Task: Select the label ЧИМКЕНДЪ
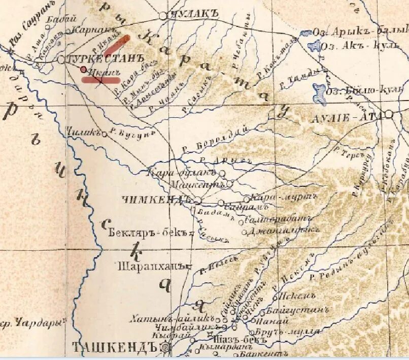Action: pyautogui.click(x=156, y=200)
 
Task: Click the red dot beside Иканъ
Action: pyautogui.click(x=84, y=69)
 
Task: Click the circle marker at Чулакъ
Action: pyautogui.click(x=163, y=16)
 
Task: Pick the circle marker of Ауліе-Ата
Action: pyautogui.click(x=389, y=115)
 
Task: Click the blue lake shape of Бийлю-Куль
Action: pyautogui.click(x=319, y=92)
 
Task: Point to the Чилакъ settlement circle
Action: pyautogui.click(x=105, y=134)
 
